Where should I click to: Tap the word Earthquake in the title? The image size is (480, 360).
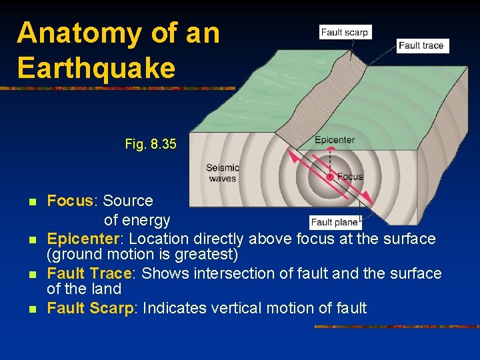pos(96,67)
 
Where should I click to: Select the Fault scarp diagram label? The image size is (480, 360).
pos(344,32)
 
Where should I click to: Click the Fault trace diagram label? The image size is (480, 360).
pos(421,45)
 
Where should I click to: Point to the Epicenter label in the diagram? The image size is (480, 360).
pos(335,140)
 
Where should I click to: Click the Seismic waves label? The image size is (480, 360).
pos(222,173)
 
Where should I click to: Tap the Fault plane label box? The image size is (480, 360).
pos(335,222)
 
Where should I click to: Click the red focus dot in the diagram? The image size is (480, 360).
pos(329,177)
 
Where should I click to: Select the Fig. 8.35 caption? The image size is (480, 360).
pos(151,143)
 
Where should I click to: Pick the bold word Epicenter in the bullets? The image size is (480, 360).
pos(85,239)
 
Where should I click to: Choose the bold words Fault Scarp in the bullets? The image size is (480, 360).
pos(91,308)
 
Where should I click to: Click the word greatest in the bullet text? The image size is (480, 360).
pos(205,254)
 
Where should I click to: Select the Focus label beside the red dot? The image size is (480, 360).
pos(350,177)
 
